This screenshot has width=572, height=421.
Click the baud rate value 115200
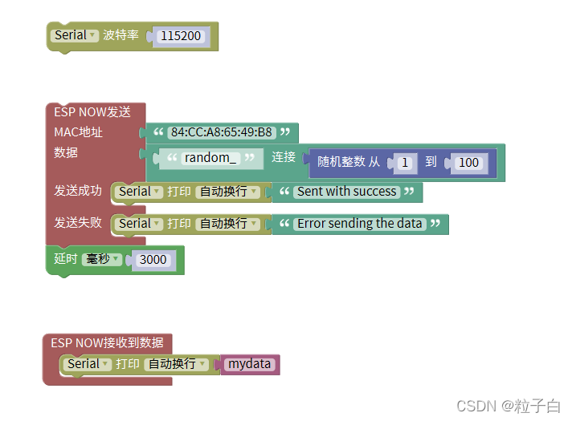click(x=181, y=36)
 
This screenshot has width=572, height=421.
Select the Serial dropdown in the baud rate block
click(x=75, y=35)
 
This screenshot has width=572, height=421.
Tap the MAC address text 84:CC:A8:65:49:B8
click(x=222, y=132)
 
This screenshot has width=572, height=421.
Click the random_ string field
click(x=210, y=158)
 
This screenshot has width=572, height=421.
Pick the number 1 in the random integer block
click(x=405, y=163)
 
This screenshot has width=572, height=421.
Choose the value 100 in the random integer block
click(x=468, y=163)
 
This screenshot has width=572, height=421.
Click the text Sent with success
click(x=346, y=192)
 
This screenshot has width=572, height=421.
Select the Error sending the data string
click(x=359, y=224)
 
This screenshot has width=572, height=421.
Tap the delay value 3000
click(x=153, y=260)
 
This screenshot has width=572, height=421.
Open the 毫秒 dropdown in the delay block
click(x=103, y=259)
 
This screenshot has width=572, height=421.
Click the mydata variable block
click(x=249, y=364)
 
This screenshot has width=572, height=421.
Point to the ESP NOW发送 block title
click(x=92, y=112)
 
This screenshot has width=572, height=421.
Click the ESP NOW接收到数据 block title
click(x=107, y=342)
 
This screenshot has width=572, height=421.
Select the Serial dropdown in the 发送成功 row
click(x=140, y=192)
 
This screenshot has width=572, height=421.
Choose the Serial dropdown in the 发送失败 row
click(x=140, y=224)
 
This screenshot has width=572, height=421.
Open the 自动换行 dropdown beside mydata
click(x=176, y=364)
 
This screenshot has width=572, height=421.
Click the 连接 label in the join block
click(x=284, y=157)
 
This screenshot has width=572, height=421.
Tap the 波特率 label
click(x=121, y=35)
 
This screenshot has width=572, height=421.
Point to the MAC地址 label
click(x=78, y=132)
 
